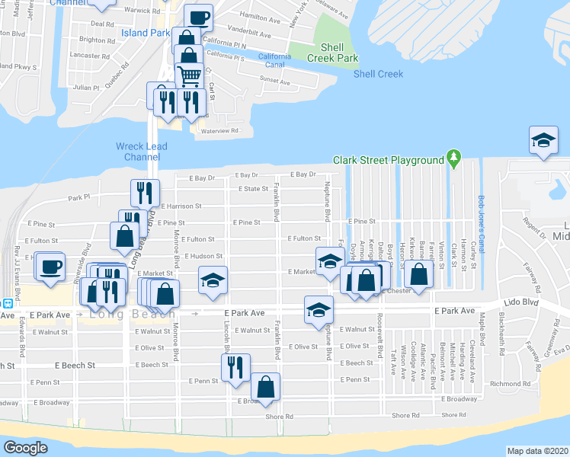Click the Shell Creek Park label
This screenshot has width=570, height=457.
333,53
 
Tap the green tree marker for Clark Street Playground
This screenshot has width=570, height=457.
455,158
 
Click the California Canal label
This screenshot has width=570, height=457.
274,60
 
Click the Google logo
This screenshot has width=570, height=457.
25,448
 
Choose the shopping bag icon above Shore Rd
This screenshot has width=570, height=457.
266,385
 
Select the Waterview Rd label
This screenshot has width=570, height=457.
219,131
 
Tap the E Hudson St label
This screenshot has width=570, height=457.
202,257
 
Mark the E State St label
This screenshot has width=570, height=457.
253,189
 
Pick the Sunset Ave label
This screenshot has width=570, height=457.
275,79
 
